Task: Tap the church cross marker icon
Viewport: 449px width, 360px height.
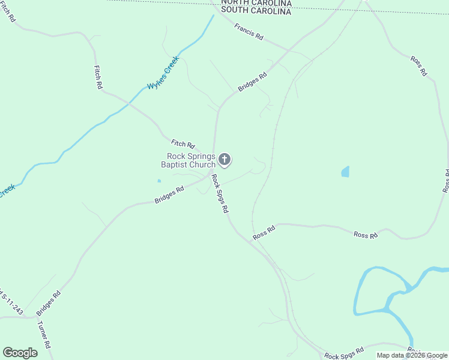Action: (x=224, y=160)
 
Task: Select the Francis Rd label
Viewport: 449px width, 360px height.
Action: (x=249, y=32)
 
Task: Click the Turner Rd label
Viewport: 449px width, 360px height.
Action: (x=45, y=335)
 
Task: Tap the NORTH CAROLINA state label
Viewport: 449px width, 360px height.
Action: (x=256, y=3)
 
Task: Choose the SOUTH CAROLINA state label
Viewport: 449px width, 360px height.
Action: (x=256, y=11)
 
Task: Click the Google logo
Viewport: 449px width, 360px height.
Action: (x=20, y=353)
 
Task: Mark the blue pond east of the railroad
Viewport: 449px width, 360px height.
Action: (x=345, y=172)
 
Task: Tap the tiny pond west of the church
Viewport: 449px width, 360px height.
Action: (x=159, y=181)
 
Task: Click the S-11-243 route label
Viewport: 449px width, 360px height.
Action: (x=10, y=304)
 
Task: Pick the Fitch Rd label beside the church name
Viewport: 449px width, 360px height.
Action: (x=183, y=144)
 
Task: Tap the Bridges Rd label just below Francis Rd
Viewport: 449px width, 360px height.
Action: (x=252, y=82)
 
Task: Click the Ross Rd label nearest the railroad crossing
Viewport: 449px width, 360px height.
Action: (x=264, y=232)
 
